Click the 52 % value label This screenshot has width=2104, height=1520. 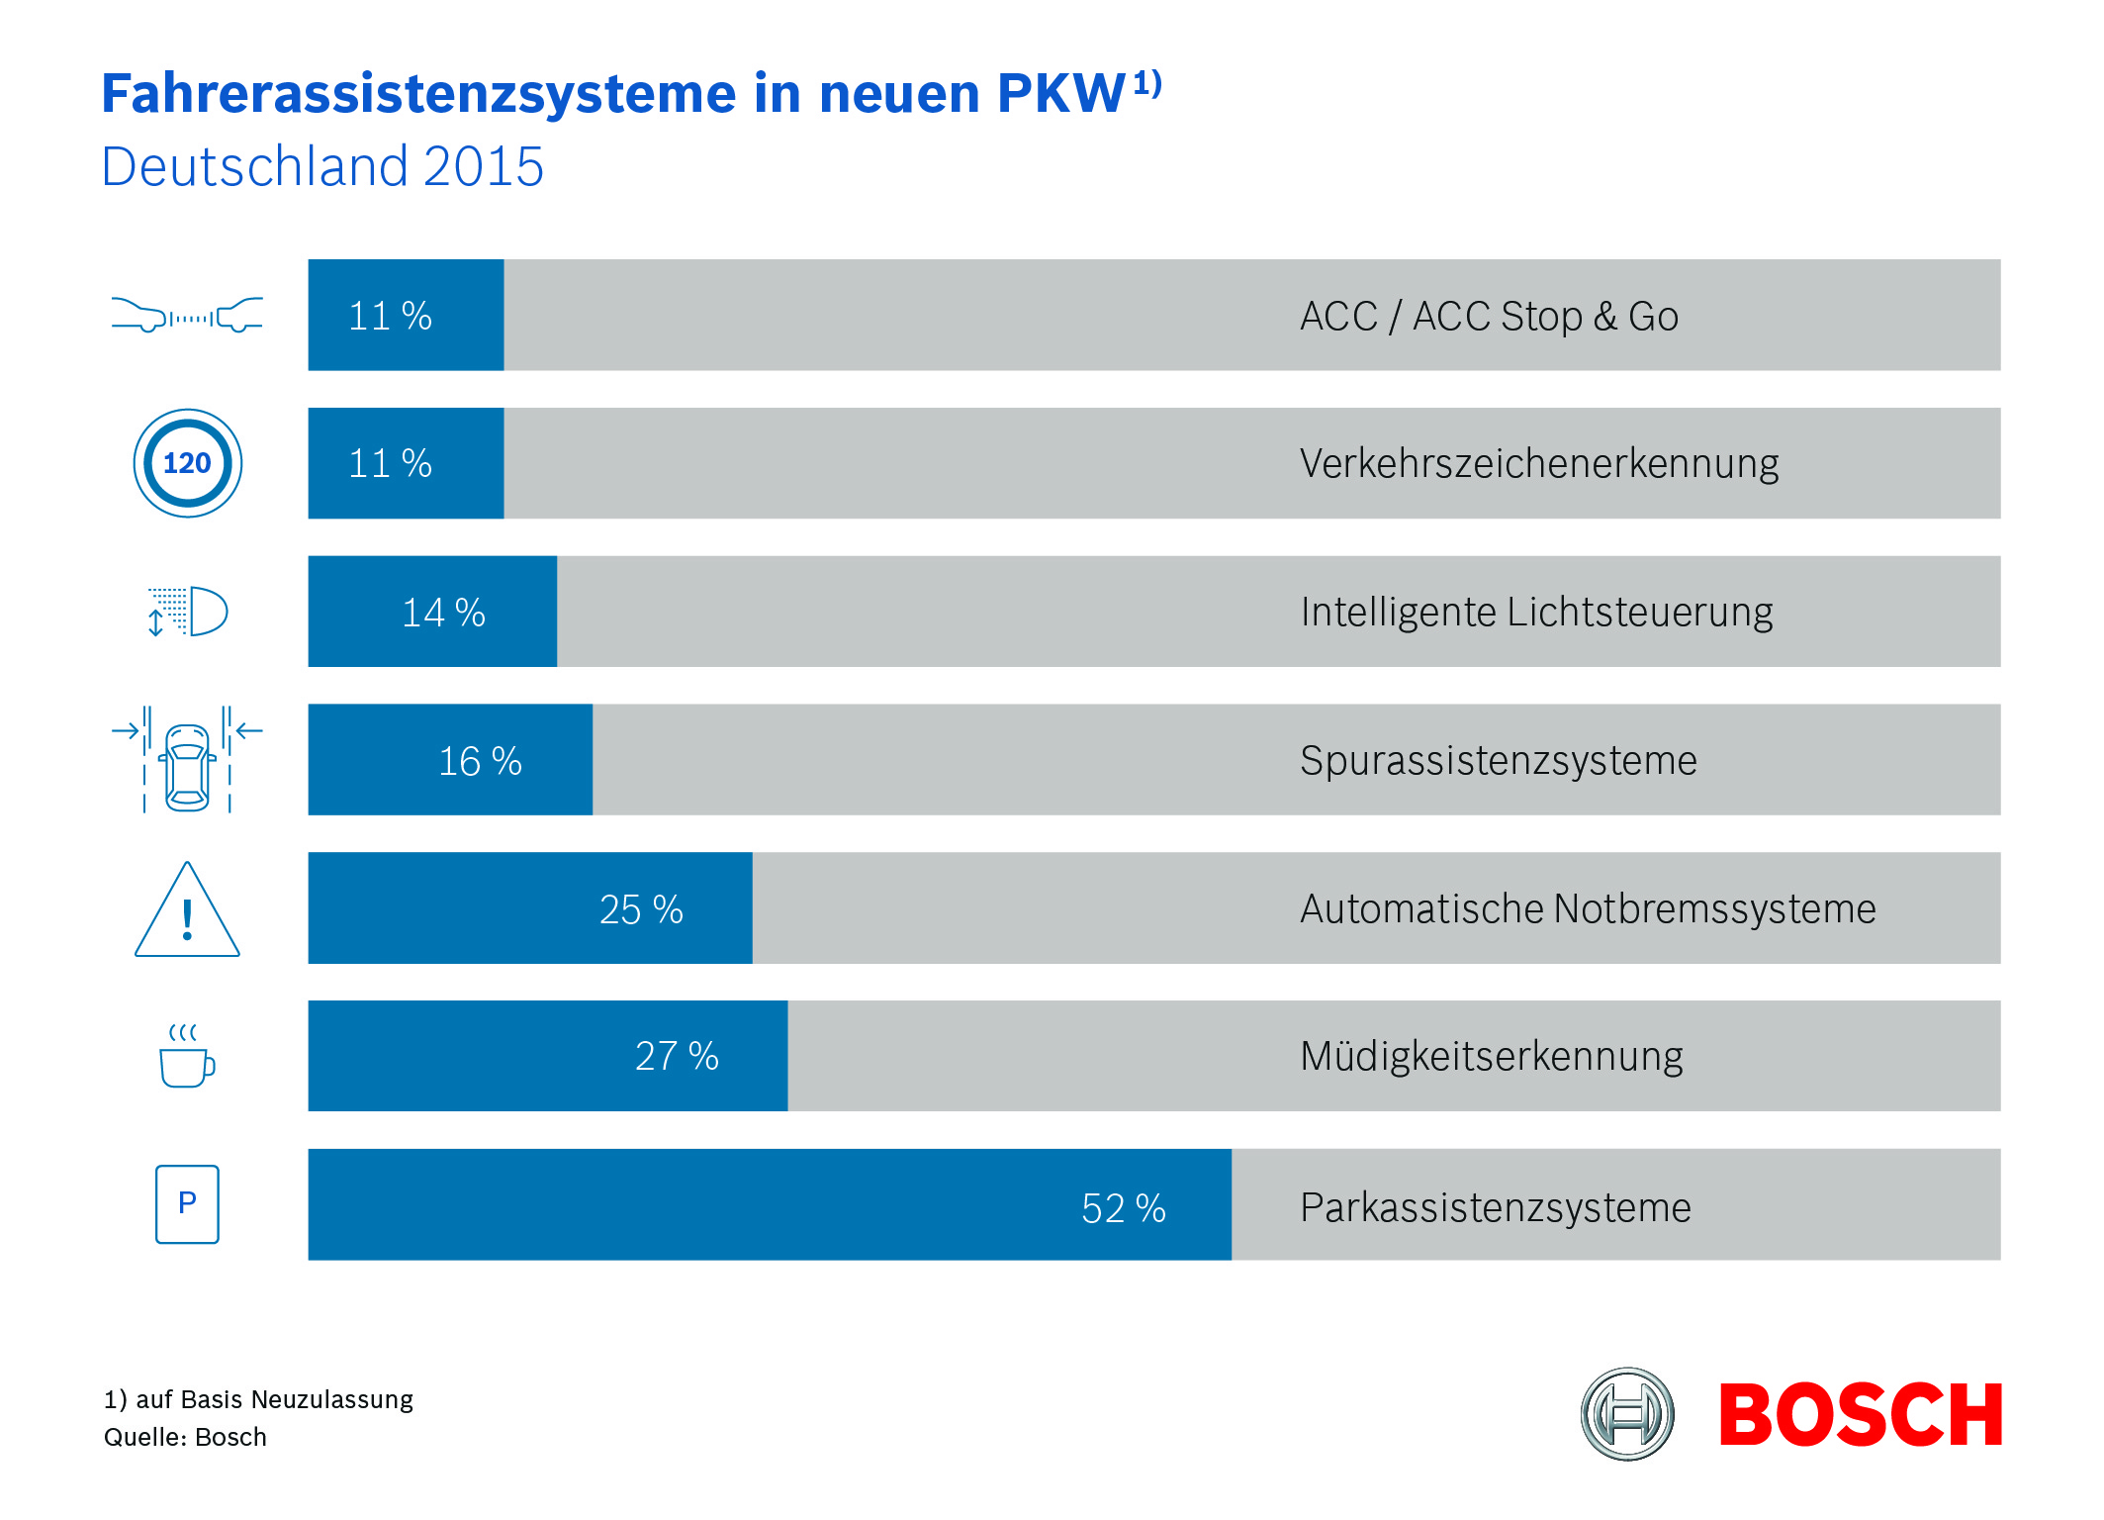(x=1123, y=1208)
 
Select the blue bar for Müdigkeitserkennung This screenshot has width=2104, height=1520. (x=547, y=1056)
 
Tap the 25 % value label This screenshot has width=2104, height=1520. (x=641, y=909)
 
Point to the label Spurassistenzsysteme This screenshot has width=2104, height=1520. (x=1498, y=760)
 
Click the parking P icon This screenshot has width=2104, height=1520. (x=187, y=1203)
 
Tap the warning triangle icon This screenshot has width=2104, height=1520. (x=187, y=911)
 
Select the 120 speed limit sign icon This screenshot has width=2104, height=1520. (x=187, y=463)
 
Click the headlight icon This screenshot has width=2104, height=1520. (x=188, y=612)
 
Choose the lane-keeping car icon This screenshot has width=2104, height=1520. (x=187, y=760)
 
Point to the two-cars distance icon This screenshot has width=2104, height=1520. (x=187, y=315)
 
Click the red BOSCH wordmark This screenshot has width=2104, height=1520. (x=1860, y=1415)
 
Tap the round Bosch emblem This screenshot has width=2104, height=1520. (x=1627, y=1414)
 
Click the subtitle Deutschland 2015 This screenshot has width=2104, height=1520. (x=322, y=166)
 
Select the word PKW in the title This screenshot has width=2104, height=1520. (x=1060, y=94)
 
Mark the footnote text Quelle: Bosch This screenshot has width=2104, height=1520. (x=185, y=1437)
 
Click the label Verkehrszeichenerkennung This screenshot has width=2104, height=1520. (x=1538, y=463)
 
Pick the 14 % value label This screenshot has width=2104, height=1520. (x=443, y=613)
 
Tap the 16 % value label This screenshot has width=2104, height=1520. (x=480, y=761)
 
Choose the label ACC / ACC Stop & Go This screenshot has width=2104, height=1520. (x=1489, y=317)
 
